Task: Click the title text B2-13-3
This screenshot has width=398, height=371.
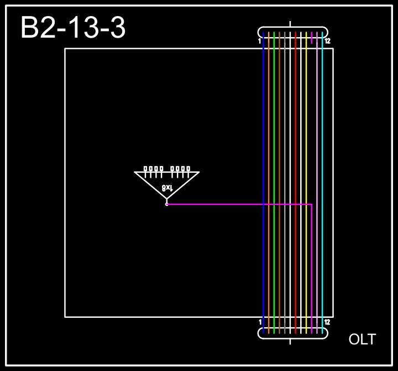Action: pos(73,28)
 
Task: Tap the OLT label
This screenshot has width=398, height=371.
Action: pos(362,339)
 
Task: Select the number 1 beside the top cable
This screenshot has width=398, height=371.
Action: pos(259,41)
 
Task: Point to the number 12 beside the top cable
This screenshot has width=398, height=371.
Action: pos(327,41)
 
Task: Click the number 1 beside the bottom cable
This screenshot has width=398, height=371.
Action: pos(260,322)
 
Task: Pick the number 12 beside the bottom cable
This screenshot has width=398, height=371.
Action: pos(327,322)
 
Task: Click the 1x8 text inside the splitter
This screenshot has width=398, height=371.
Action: pos(167,188)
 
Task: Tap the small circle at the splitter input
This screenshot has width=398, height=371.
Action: pos(166,204)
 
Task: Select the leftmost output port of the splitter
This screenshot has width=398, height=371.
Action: pos(146,169)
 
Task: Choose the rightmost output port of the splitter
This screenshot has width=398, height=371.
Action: pos(188,169)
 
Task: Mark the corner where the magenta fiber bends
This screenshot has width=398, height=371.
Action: pos(312,204)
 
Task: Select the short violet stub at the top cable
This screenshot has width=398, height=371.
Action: pos(312,38)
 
